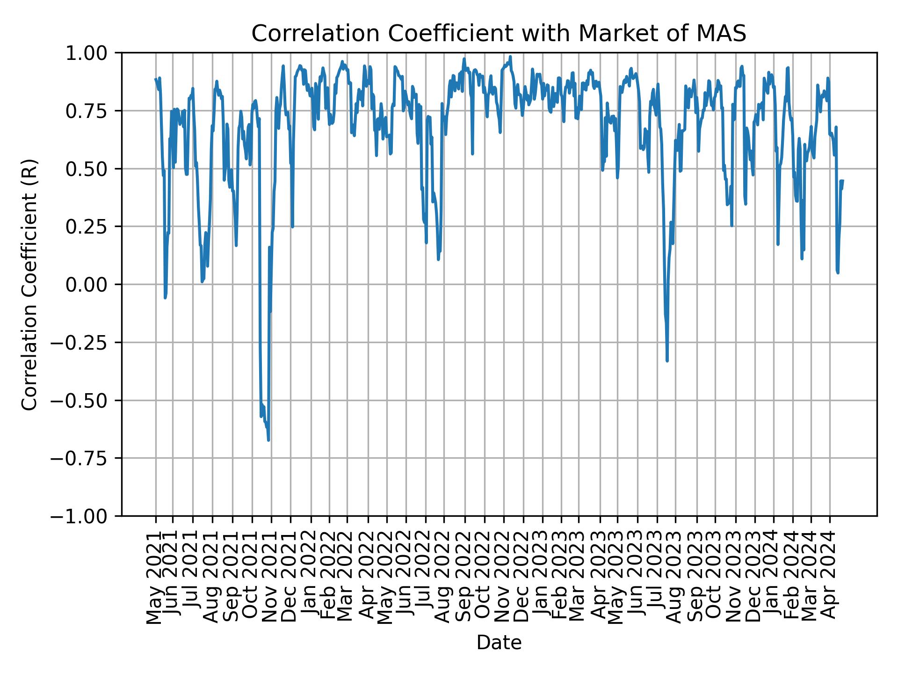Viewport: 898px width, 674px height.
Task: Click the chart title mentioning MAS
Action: click(499, 34)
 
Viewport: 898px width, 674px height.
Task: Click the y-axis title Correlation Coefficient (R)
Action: click(29, 284)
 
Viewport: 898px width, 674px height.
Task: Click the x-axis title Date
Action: click(499, 643)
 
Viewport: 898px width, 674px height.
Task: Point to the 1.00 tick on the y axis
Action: click(93, 53)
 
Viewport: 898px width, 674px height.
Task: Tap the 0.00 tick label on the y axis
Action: click(93, 285)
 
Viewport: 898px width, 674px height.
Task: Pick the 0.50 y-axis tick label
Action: click(93, 169)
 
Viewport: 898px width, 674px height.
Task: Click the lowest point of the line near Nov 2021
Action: click(268, 440)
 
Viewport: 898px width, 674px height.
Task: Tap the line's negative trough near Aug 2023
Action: click(667, 360)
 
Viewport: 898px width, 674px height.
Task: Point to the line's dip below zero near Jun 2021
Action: click(165, 298)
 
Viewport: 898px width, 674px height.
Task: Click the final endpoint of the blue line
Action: click(843, 181)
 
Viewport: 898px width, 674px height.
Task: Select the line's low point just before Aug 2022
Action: click(438, 259)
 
